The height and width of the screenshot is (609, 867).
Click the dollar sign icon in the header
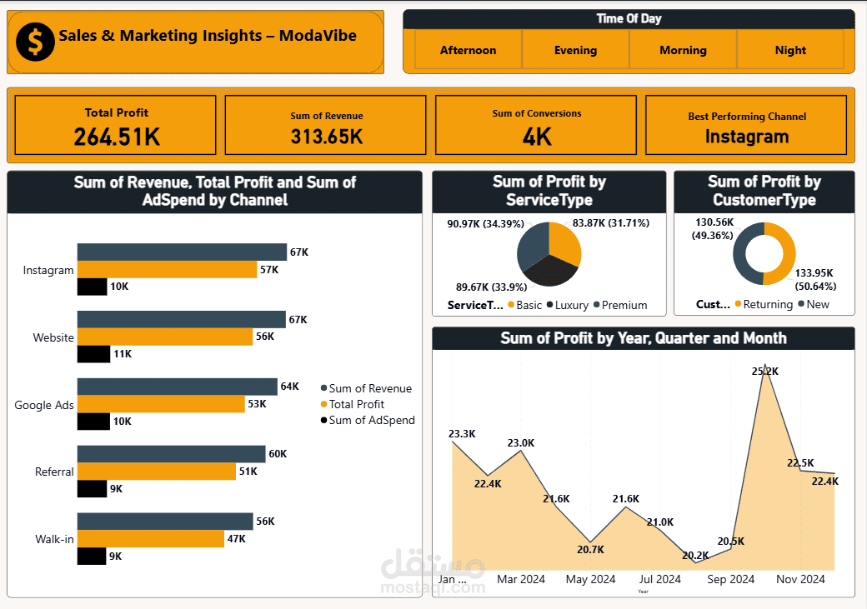[35, 42]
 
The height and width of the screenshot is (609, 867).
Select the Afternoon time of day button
[468, 50]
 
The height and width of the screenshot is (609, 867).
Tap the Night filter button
[789, 50]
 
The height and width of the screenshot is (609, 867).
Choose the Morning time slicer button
[683, 50]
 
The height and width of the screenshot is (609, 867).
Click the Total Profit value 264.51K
[117, 137]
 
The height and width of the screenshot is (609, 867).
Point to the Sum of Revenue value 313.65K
[326, 137]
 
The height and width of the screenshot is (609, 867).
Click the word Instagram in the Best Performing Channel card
[746, 137]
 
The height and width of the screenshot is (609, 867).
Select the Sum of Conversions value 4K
[537, 137]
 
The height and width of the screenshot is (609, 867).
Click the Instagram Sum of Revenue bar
[182, 252]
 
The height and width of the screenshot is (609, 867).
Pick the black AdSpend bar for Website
[93, 354]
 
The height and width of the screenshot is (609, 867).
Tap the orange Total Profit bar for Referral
[157, 472]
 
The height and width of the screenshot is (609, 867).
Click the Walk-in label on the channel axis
[54, 539]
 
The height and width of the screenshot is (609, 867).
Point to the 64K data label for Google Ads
[289, 387]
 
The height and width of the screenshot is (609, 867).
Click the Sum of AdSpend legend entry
[371, 420]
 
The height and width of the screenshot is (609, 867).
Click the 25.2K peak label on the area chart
[764, 371]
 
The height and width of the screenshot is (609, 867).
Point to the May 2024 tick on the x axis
[590, 579]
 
